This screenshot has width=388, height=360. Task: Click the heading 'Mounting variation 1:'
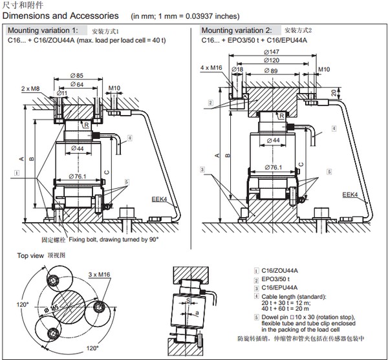43,30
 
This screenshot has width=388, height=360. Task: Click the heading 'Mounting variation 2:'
236,30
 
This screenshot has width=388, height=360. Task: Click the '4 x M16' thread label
211,67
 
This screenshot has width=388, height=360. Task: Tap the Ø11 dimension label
63,93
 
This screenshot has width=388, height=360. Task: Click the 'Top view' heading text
30,256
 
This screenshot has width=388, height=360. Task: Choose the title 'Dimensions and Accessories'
61,15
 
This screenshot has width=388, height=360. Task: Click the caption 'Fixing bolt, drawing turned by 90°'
113,239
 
